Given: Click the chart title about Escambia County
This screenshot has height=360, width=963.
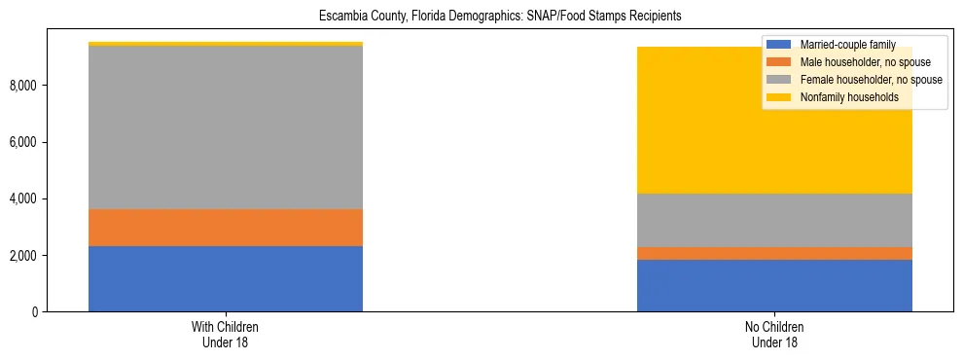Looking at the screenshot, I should tap(481, 16).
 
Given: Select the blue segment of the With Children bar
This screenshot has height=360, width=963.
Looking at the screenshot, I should tap(226, 278).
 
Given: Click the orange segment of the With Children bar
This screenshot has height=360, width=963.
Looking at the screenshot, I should tap(226, 228).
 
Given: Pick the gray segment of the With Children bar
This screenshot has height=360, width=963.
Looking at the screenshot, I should tap(226, 127).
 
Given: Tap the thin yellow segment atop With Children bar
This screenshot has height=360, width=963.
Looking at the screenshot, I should tap(226, 44).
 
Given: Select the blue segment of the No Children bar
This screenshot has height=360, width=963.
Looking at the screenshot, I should tap(774, 285).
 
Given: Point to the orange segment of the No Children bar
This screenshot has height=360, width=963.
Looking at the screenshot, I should tap(774, 253).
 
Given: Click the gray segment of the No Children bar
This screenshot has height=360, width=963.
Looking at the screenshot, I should tap(774, 220).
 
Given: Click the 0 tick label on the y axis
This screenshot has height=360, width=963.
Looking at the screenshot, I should tap(34, 312).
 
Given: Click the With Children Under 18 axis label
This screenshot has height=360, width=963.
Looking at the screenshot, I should tap(226, 335).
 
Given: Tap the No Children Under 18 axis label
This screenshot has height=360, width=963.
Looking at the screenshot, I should tap(774, 335).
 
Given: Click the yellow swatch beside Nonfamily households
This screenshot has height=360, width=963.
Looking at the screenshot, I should tap(779, 97).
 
